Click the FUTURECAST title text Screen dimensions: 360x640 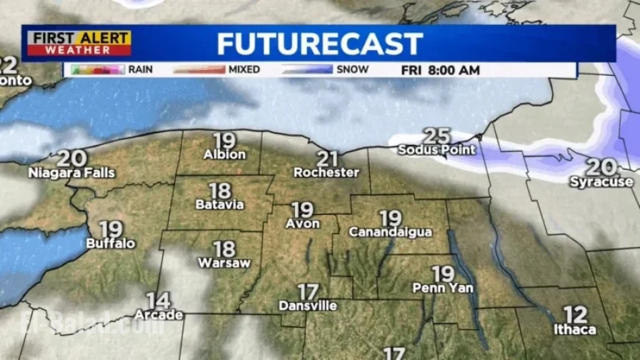point(320,43)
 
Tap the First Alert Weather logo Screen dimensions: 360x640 point(77,43)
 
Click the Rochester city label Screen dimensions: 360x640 point(326,172)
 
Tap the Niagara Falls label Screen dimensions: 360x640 point(71,173)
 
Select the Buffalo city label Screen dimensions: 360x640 point(110,243)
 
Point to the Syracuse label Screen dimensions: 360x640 point(601,181)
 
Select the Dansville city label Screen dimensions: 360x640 point(307,305)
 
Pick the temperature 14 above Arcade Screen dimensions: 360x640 point(157,300)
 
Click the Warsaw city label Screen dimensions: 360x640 point(224,262)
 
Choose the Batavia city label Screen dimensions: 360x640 point(219,205)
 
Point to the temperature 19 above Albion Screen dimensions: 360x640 point(224,139)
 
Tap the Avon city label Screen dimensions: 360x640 point(302,223)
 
